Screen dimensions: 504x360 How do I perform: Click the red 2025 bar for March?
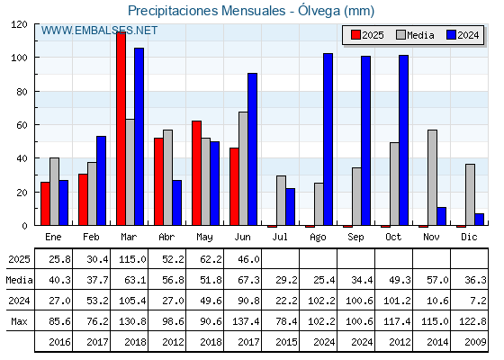[x=121, y=129]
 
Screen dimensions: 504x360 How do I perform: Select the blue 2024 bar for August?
[x=328, y=139]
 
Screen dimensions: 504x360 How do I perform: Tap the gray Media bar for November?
[x=432, y=177]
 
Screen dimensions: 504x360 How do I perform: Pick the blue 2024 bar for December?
[x=479, y=220]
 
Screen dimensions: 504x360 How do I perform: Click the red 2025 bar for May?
[x=197, y=173]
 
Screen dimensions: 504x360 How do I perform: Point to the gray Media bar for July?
[x=281, y=201]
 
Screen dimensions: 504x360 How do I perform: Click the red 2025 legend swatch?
[x=355, y=35]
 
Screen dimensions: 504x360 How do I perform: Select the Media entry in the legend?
[x=415, y=35]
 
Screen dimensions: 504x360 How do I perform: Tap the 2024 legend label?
[x=468, y=35]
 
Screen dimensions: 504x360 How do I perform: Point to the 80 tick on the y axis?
[x=22, y=91]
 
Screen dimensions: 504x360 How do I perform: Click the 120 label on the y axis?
[x=19, y=24]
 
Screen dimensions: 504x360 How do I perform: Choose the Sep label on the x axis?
[x=355, y=238]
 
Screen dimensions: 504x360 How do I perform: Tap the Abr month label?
[x=166, y=237]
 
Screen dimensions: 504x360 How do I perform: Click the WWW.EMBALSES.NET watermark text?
[x=99, y=31]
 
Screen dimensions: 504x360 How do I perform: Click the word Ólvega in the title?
[x=319, y=11]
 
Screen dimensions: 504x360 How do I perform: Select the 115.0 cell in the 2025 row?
[x=132, y=259]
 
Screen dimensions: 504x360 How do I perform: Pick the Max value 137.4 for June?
[x=246, y=321]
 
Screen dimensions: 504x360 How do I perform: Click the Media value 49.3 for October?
[x=400, y=280]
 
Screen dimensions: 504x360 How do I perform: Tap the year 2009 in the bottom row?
[x=475, y=342]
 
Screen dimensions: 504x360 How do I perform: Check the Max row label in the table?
[x=19, y=321]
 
